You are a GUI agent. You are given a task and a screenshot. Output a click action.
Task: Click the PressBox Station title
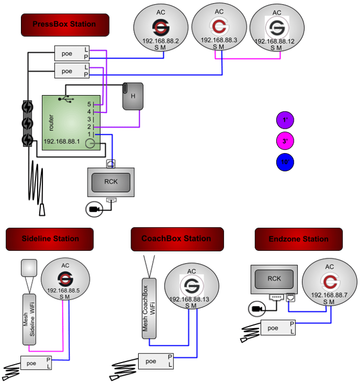tap(64, 24)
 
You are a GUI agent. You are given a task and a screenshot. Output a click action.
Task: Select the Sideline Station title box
tap(50, 239)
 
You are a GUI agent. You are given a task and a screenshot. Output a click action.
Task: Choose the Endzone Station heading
tap(298, 239)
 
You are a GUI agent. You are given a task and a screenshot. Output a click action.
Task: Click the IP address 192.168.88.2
tap(161, 41)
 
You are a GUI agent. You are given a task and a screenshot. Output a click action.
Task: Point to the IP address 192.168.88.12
tap(276, 41)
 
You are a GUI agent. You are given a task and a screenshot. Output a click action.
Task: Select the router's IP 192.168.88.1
tap(61, 142)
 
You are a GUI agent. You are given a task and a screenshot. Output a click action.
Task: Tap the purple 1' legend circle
tap(285, 120)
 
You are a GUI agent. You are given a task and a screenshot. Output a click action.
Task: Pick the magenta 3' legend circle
tap(285, 141)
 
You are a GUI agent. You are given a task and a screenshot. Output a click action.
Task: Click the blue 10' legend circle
tap(285, 162)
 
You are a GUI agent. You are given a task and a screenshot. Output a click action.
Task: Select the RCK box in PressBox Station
tap(111, 182)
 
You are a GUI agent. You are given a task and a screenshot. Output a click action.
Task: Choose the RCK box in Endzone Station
tap(274, 279)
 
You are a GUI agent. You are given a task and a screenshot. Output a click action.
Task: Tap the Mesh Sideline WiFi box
tap(29, 319)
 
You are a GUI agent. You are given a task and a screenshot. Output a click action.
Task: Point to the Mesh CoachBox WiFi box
tap(149, 308)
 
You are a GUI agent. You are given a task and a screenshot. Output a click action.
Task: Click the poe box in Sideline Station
tap(32, 363)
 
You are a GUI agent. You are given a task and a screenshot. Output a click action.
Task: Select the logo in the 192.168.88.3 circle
tap(219, 26)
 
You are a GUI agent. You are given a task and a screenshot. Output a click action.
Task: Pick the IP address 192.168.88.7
tap(329, 295)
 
